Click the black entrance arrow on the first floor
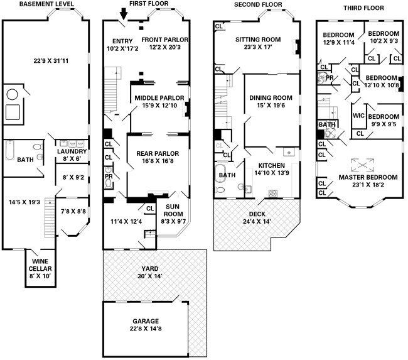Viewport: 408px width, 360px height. (x=124, y=14)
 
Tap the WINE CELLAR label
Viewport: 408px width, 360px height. (x=40, y=265)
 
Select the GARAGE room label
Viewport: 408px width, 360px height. (x=146, y=321)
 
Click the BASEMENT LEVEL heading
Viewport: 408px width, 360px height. (x=46, y=4)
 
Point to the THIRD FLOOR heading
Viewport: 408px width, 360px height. (x=363, y=8)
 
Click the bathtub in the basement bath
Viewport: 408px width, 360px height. (x=9, y=150)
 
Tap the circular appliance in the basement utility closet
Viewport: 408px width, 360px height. (x=12, y=94)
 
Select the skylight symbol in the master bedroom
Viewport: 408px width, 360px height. (x=362, y=165)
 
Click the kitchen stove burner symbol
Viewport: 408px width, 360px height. (x=272, y=194)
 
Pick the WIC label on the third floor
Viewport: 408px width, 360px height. (x=358, y=116)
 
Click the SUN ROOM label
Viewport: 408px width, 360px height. (x=173, y=210)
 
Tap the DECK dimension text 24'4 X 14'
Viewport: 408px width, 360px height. (x=257, y=222)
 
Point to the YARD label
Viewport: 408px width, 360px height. (x=150, y=268)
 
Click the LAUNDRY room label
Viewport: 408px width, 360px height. (x=72, y=151)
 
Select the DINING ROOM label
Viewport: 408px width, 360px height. (x=271, y=98)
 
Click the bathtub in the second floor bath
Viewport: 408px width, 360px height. (x=221, y=173)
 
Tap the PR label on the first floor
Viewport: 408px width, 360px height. (x=109, y=177)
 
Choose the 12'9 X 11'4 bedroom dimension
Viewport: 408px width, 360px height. (x=338, y=42)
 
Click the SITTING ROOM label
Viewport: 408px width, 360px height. (x=258, y=40)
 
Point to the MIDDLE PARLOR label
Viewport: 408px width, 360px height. (x=159, y=98)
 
